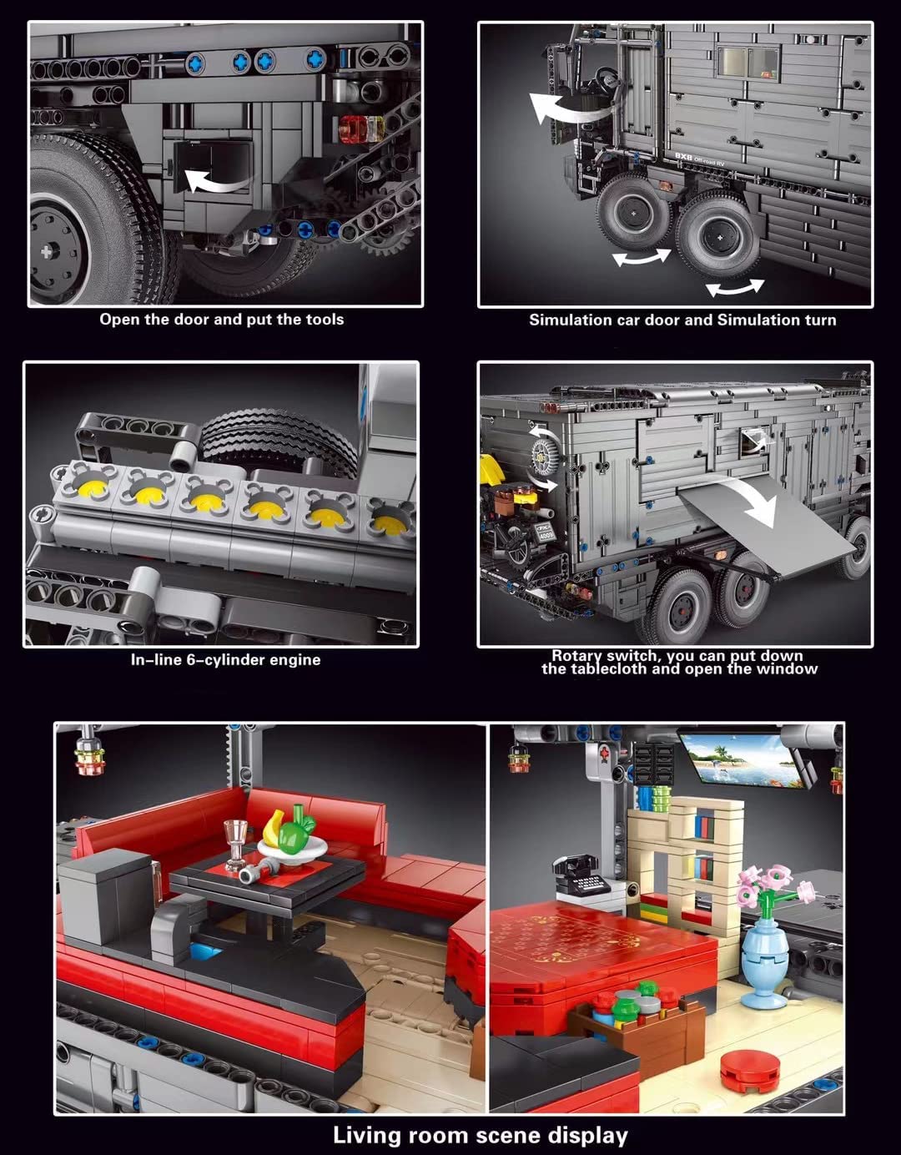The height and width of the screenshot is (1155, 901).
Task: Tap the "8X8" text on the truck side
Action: click(683, 156)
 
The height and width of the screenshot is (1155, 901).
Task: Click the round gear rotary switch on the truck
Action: click(543, 456)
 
